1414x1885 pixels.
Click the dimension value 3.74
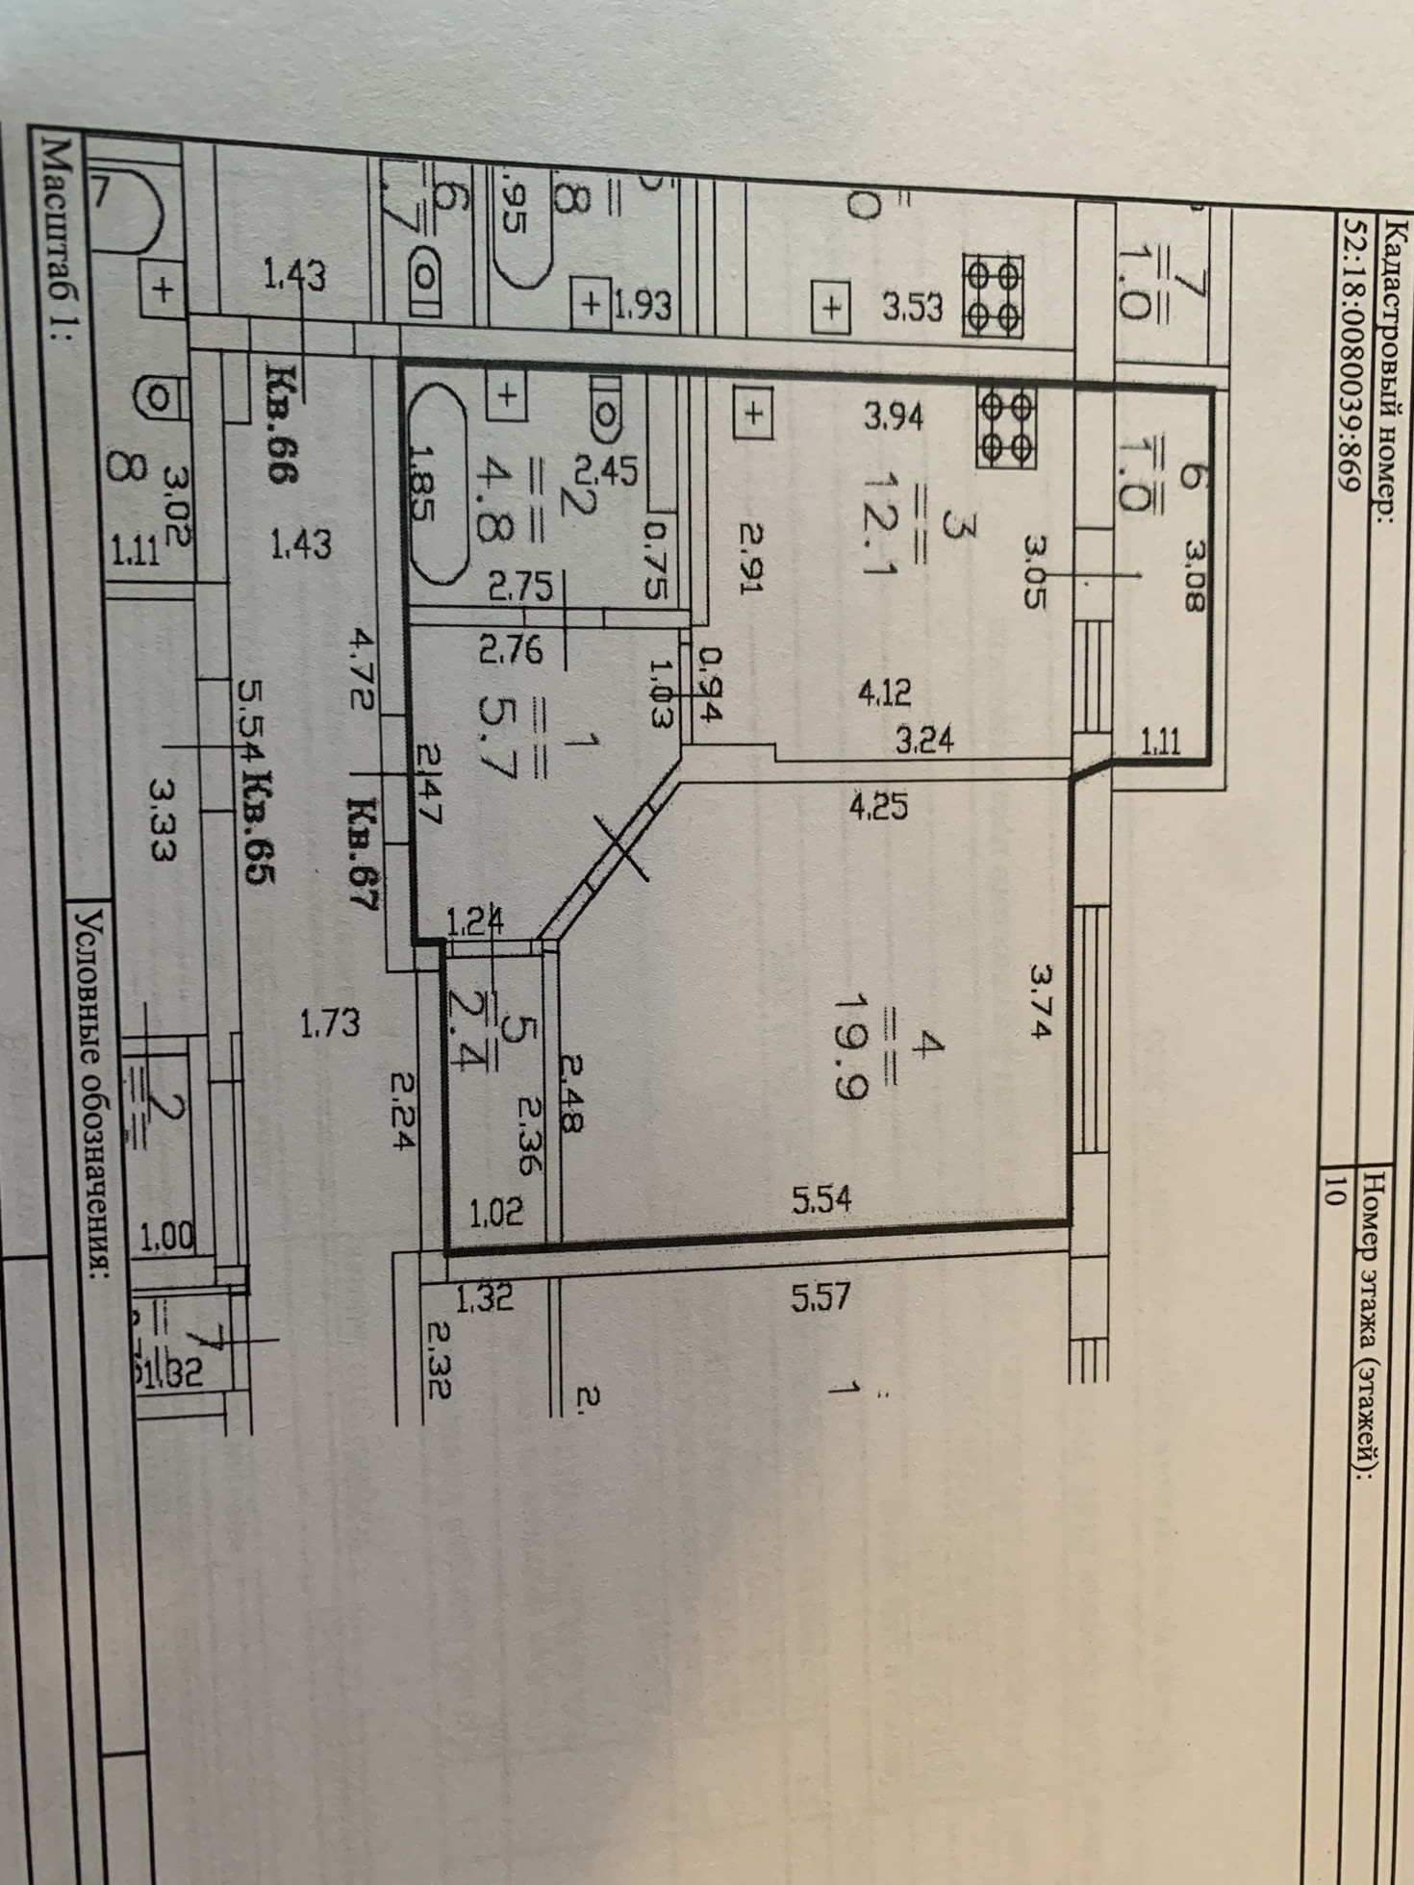click(1042, 1001)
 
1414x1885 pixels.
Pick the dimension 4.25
click(877, 805)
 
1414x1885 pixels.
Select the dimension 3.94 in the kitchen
click(894, 416)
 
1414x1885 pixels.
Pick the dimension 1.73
click(330, 1021)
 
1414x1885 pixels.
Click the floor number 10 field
click(1334, 1192)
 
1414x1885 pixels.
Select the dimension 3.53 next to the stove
click(913, 308)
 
